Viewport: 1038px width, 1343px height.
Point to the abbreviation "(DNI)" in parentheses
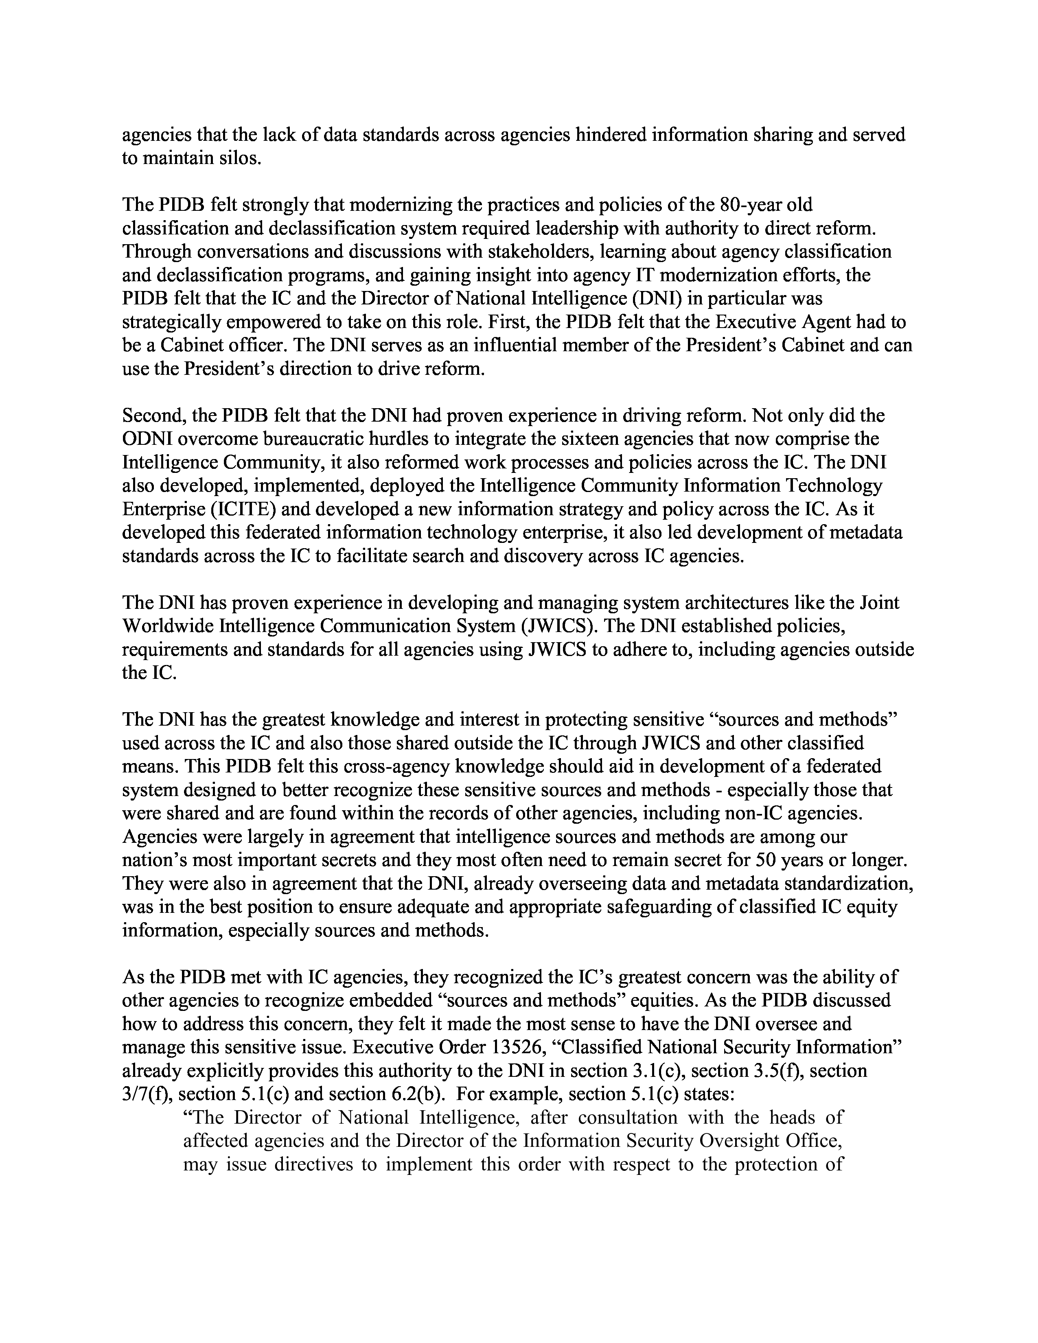660,298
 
